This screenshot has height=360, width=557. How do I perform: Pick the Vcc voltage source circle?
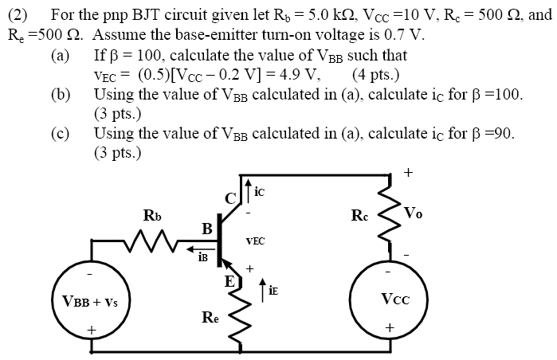(x=389, y=300)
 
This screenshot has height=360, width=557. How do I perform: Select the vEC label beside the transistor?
(x=256, y=239)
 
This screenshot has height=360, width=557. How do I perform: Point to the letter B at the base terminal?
(x=206, y=229)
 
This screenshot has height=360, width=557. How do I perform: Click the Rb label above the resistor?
(x=151, y=215)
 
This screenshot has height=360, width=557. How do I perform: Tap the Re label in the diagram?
(x=209, y=320)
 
